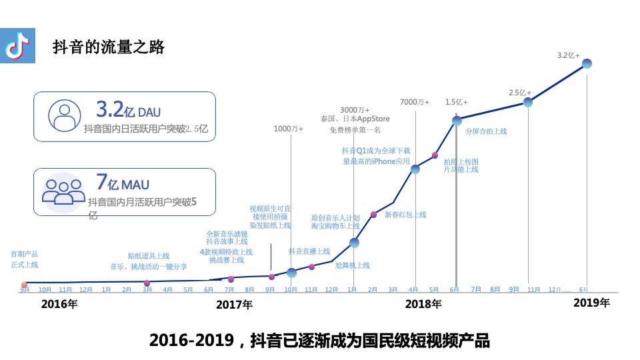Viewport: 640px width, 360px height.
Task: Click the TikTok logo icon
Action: (x=17, y=47)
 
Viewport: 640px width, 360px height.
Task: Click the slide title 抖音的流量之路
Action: (x=108, y=47)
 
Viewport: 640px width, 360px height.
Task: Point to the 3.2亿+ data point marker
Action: (x=587, y=63)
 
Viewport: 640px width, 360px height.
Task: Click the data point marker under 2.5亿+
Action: (x=527, y=102)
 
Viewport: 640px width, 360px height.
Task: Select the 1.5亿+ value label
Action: (x=456, y=102)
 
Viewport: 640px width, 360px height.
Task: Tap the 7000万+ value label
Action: (x=414, y=102)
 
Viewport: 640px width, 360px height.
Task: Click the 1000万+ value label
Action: (x=289, y=129)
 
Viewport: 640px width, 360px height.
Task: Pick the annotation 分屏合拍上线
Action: (x=486, y=131)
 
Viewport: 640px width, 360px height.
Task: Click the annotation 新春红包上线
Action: (x=405, y=215)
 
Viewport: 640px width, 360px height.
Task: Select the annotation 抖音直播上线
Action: (x=309, y=251)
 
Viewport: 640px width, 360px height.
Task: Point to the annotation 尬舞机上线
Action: (x=352, y=265)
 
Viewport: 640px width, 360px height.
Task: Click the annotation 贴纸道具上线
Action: (x=148, y=256)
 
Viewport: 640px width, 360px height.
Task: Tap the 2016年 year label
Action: (x=59, y=305)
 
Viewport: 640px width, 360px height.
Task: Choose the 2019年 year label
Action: (x=592, y=303)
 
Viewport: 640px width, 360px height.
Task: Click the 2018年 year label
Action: (x=423, y=305)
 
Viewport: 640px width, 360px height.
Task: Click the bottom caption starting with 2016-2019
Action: (x=319, y=341)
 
